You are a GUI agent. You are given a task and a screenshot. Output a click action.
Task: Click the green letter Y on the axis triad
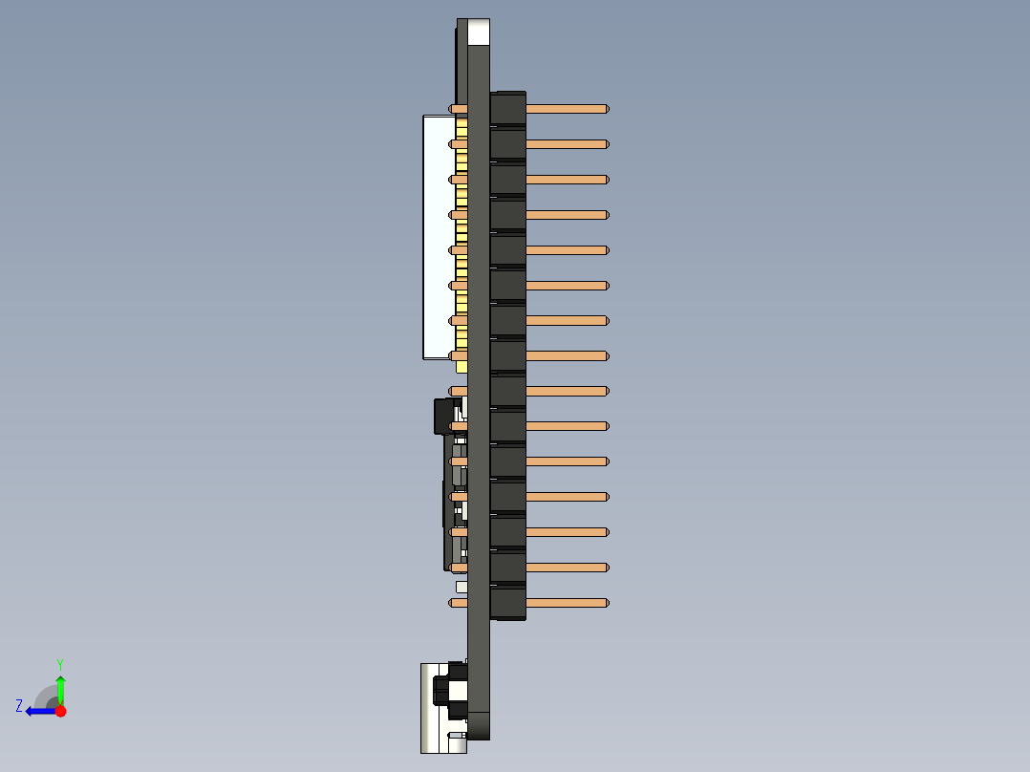click(x=59, y=663)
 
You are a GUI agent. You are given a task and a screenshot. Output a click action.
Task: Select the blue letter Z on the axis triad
click(x=19, y=706)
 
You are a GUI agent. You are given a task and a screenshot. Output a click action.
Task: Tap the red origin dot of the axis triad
click(x=60, y=711)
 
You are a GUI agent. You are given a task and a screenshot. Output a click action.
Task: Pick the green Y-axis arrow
click(x=60, y=688)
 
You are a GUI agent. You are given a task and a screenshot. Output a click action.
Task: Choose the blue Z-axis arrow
click(x=40, y=711)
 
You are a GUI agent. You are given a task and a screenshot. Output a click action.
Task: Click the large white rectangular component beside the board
click(x=438, y=237)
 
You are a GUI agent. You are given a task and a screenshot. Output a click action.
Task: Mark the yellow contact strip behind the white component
click(x=461, y=239)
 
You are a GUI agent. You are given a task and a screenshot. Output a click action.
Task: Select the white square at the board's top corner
click(x=478, y=32)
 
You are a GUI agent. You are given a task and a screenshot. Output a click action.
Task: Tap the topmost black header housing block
click(x=507, y=109)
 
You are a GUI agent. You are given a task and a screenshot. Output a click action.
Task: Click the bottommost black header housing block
click(x=507, y=603)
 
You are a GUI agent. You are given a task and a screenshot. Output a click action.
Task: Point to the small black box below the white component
click(x=443, y=417)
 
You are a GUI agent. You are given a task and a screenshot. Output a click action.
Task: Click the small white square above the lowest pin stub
click(x=461, y=586)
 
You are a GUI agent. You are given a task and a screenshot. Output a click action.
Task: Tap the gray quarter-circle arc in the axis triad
click(x=43, y=695)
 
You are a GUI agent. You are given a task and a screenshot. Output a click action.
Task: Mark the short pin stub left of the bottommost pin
click(x=458, y=603)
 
